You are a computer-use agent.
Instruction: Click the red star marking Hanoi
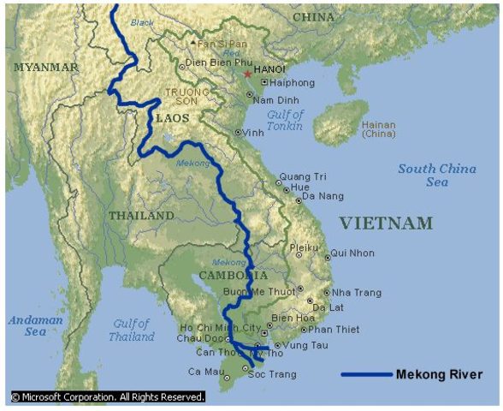pos(248,74)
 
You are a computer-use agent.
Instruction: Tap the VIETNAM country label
pos(386,223)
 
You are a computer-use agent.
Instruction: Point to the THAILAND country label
pos(141,216)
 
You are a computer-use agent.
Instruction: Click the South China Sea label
pos(436,176)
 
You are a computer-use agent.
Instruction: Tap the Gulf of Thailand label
pos(132,331)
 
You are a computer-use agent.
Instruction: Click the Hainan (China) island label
pos(378,128)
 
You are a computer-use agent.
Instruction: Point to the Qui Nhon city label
pos(351,253)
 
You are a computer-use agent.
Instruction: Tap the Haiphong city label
pos(292,83)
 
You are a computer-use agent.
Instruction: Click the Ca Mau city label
pos(204,371)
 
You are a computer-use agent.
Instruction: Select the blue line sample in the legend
pos(365,374)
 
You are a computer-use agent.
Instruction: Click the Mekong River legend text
pos(439,374)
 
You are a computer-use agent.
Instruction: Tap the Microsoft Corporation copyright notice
pos(107,397)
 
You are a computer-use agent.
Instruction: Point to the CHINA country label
pos(314,16)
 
